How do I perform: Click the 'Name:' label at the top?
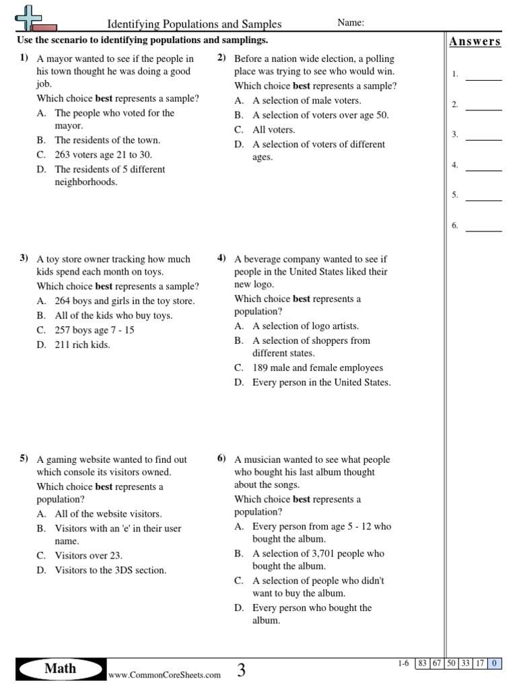351,23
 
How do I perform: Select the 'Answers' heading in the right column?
475,42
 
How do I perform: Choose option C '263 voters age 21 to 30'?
103,155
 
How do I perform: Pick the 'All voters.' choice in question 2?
273,130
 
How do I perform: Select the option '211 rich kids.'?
82,344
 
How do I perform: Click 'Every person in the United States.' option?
321,382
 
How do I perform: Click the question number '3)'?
24,258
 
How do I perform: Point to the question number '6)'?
221,459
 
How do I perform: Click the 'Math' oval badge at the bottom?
61,669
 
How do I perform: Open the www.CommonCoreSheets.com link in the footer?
164,675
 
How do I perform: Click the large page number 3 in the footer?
241,670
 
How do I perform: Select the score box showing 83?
423,663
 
